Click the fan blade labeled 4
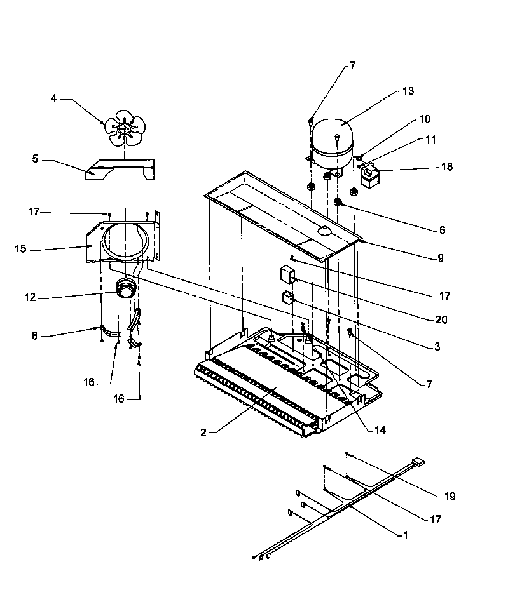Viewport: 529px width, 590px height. (125, 126)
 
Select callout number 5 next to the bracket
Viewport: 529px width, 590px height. (35, 159)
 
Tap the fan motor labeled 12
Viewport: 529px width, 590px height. (125, 291)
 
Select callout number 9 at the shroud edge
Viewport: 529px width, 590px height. (439, 258)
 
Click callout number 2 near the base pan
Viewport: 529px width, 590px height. (203, 432)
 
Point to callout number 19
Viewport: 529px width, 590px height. (450, 496)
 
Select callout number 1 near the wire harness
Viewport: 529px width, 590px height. (405, 535)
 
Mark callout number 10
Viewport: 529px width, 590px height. (425, 119)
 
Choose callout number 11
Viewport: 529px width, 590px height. (431, 139)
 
